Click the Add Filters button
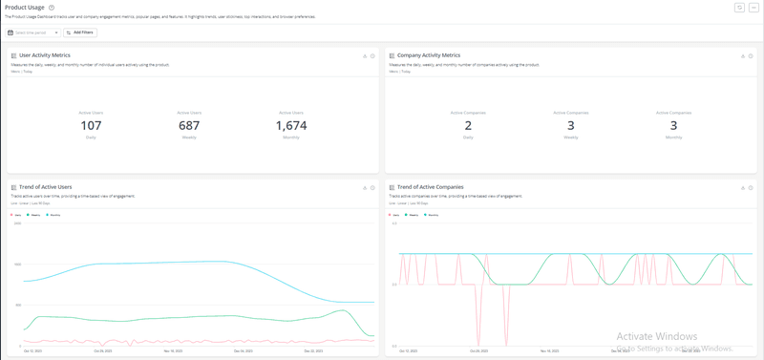[x=80, y=32]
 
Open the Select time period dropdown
[x=33, y=32]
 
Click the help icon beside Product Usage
[x=52, y=8]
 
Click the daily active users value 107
[x=91, y=126]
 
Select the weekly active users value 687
[x=189, y=126]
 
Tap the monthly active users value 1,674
[x=291, y=126]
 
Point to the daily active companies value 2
[x=468, y=126]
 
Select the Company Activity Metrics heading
[x=429, y=55]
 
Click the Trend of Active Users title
[x=45, y=187]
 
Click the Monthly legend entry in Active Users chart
[x=55, y=215]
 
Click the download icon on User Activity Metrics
[x=365, y=56]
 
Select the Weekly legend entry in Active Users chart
[x=35, y=215]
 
